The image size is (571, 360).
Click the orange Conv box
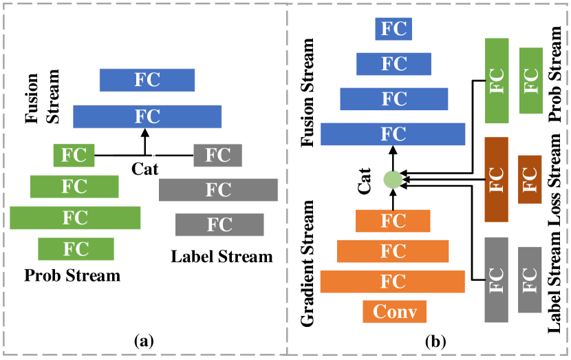point(394,312)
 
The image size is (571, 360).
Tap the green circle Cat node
point(393,180)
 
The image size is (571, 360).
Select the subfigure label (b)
point(435,340)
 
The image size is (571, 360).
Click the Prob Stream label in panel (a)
point(72,276)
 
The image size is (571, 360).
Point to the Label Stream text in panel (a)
point(222,257)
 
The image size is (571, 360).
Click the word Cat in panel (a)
point(146,167)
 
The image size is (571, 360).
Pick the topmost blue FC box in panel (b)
point(394,29)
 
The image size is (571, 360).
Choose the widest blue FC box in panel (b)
point(393,134)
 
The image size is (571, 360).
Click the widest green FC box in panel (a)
point(75,218)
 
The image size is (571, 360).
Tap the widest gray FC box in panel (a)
point(218,189)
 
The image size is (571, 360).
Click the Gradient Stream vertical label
point(309,264)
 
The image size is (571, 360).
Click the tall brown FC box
point(496,180)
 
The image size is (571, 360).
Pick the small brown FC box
point(530,179)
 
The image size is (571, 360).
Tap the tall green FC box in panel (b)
point(496,81)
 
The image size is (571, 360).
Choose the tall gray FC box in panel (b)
point(496,279)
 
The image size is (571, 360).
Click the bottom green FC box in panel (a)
point(76,248)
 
